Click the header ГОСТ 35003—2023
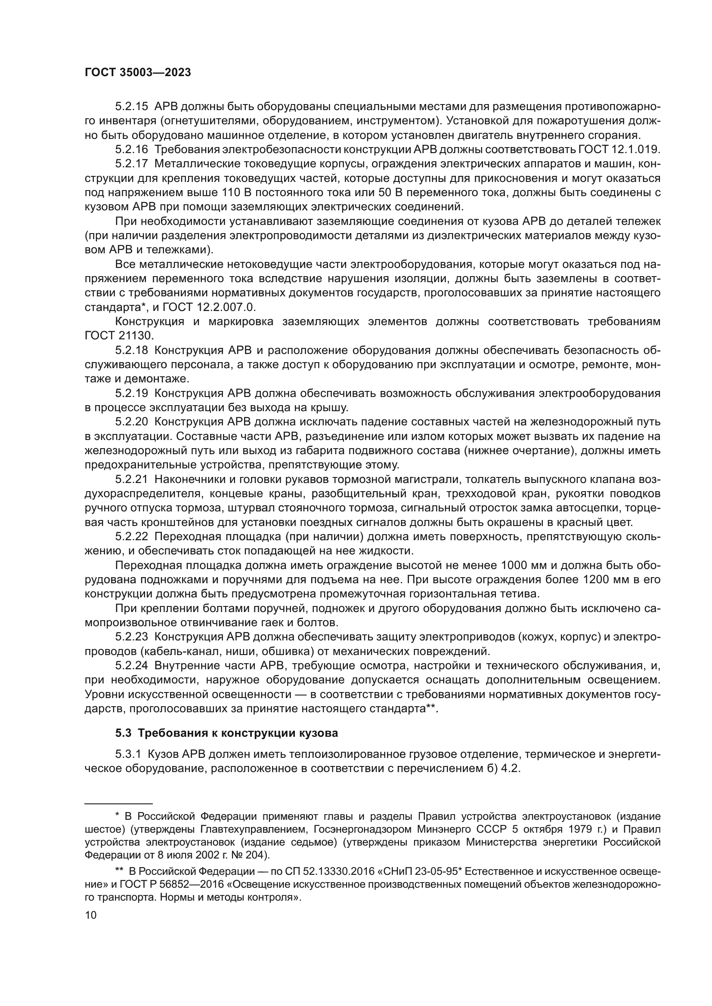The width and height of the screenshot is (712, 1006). [x=138, y=73]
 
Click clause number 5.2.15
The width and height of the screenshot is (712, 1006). [x=132, y=107]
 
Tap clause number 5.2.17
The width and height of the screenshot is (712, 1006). [x=132, y=164]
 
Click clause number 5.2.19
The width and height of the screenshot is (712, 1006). [x=132, y=393]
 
